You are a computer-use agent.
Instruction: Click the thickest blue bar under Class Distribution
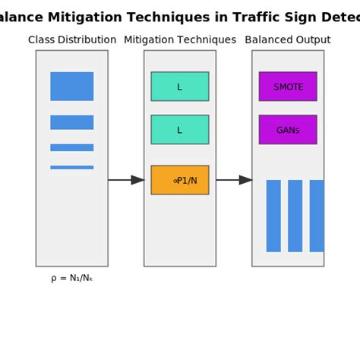tap(72, 87)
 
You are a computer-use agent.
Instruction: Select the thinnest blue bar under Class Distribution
tap(72, 167)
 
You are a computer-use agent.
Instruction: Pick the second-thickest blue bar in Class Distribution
tap(72, 122)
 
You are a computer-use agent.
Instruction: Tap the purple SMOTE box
tap(288, 87)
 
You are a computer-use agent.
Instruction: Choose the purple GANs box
tap(288, 130)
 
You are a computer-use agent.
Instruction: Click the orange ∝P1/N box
tap(180, 180)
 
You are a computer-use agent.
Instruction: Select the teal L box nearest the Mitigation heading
tap(180, 87)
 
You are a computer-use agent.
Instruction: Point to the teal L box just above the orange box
tap(180, 130)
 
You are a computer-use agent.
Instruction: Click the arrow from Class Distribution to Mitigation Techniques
tap(126, 180)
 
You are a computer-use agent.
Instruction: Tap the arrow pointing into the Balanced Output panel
tap(234, 180)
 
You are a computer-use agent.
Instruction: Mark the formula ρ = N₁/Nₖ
tap(72, 278)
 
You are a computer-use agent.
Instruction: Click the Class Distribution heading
tap(72, 40)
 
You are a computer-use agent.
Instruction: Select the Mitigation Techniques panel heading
tap(180, 40)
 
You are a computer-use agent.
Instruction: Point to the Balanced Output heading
tap(288, 40)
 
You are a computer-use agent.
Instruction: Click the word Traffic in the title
tap(236, 17)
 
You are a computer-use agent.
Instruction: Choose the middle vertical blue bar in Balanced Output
tap(295, 216)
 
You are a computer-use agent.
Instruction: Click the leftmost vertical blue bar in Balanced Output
tap(273, 216)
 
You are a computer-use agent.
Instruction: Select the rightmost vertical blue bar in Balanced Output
tap(317, 216)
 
